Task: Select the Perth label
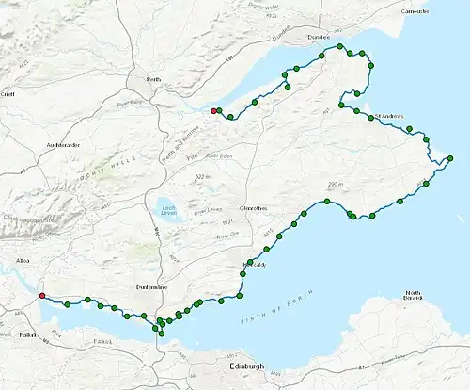point(142,80)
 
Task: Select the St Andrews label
point(389,117)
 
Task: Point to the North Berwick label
point(414,298)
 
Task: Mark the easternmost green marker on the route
point(451,157)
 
